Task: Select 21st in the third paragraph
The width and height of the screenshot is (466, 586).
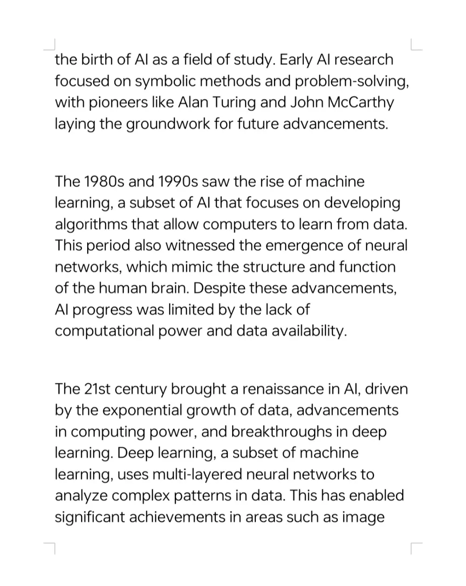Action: tap(97, 388)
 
